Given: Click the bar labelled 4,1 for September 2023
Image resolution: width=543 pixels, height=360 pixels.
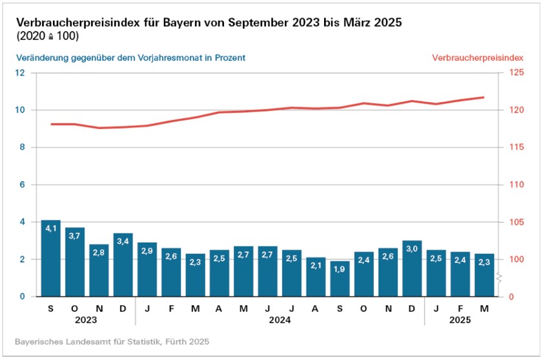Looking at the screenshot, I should pos(50,258).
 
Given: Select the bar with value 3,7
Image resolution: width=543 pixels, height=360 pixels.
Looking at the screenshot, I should pos(75,262).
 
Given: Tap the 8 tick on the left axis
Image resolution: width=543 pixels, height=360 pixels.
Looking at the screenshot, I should pos(22,148).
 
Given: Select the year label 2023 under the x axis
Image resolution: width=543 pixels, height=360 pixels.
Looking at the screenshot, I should pos(87,319).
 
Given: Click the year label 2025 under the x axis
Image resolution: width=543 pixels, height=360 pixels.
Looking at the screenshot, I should pos(460,319).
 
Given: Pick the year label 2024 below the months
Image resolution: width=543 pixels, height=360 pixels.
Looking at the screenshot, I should pos(280,319).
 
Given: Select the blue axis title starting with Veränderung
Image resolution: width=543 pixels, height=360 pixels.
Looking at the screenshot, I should pos(130,57).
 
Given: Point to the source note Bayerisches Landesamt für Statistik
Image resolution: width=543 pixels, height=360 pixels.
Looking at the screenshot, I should pos(112,341).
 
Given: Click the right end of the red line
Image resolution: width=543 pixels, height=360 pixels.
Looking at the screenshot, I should pos(484,97).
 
